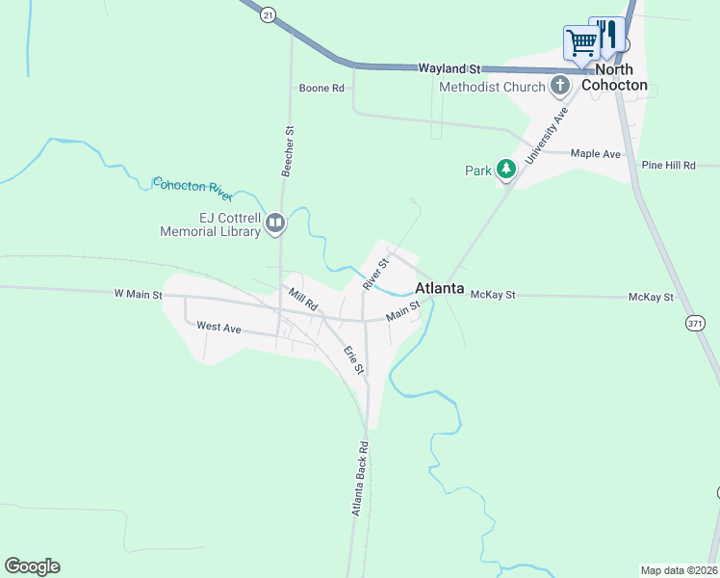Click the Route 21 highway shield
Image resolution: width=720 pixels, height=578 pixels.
(x=268, y=13)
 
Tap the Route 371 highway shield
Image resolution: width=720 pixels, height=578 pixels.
(x=695, y=324)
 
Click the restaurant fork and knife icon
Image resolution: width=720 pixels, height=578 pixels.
(x=606, y=35)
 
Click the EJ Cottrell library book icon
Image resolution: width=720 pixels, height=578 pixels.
(x=275, y=224)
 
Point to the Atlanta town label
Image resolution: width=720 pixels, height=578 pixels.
(x=440, y=288)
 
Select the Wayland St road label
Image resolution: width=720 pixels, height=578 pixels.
(x=449, y=68)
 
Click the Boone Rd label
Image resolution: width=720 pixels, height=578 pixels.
(x=321, y=89)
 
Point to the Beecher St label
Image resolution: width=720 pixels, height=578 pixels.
(x=287, y=149)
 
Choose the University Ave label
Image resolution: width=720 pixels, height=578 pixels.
(x=548, y=136)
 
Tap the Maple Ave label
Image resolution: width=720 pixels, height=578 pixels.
(x=595, y=153)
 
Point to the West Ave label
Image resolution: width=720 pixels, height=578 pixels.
(x=219, y=327)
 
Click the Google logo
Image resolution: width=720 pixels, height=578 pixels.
(x=32, y=566)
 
